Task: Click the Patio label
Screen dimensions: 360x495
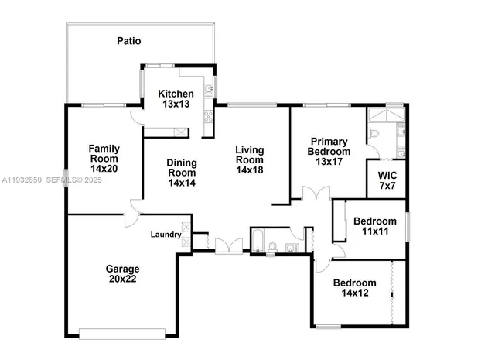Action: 129,40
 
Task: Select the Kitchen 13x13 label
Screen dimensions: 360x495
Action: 175,99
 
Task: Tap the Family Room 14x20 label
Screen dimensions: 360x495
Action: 103,158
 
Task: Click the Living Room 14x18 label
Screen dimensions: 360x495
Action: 249,159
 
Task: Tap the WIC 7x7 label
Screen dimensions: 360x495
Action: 386,181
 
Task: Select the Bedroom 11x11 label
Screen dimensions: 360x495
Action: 374,226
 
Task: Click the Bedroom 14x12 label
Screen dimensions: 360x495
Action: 354,288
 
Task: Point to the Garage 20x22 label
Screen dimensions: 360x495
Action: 122,274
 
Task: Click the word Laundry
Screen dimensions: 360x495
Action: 166,235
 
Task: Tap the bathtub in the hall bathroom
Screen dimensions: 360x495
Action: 258,241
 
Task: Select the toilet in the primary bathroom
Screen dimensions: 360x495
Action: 374,134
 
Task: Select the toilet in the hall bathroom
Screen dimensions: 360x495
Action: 273,247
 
